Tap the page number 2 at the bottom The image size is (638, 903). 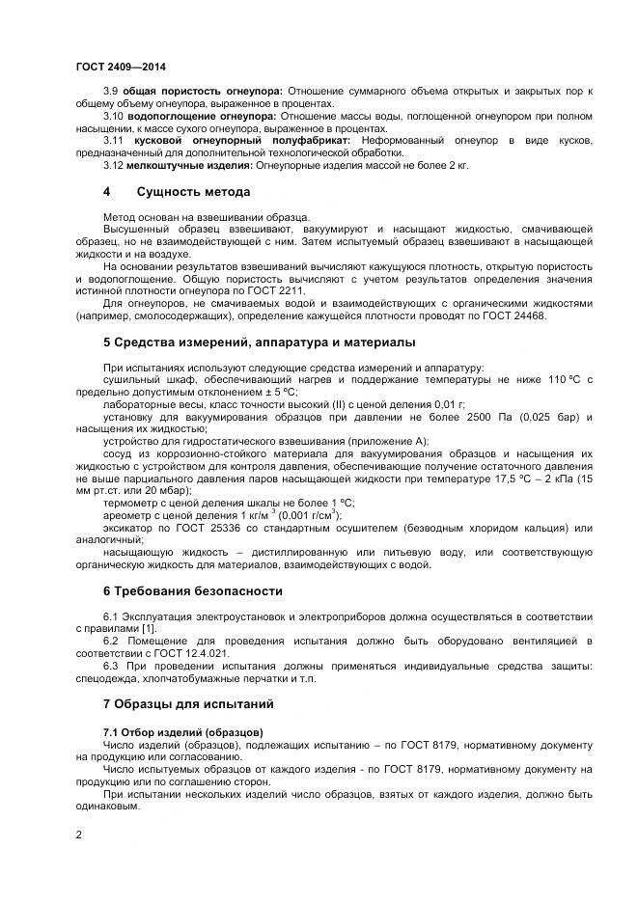[x=78, y=834]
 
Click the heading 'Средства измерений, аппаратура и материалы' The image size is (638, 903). [x=259, y=342]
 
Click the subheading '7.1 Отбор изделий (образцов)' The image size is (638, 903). [x=182, y=731]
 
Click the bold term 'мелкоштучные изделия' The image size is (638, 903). [x=174, y=165]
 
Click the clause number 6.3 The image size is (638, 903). [x=111, y=667]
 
